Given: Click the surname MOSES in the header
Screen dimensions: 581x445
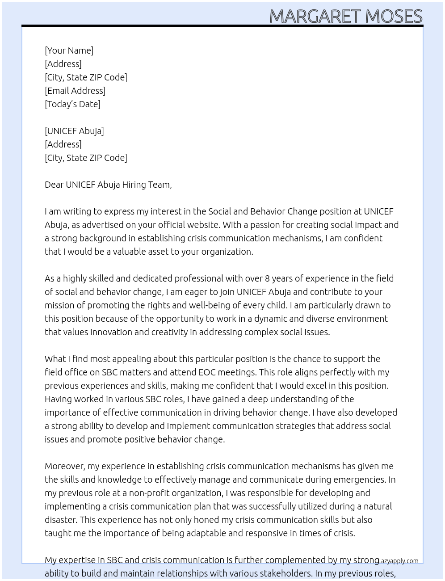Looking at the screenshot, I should pos(393,16).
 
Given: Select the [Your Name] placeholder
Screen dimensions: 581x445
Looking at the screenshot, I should pos(69,51).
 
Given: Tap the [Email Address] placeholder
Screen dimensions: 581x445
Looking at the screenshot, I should pos(75,91).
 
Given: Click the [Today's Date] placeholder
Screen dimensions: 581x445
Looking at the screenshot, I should pos(72,104).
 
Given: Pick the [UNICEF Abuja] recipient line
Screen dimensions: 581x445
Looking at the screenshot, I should pos(74,131).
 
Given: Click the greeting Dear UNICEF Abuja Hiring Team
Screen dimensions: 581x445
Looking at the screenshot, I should pos(108,185).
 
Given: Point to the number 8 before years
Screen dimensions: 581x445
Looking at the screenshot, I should pos(267,278).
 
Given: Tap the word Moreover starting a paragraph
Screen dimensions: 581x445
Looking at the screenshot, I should pos(64,466).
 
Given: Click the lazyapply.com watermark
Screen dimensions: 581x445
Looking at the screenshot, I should pos(398,561).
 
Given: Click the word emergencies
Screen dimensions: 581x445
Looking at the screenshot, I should pos(362,480).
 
